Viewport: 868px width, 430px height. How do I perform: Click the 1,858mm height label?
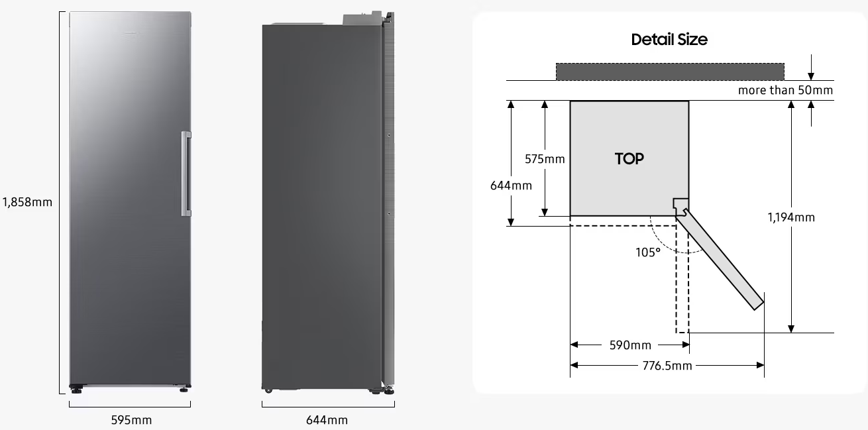coord(27,202)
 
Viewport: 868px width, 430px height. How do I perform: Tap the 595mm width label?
coord(131,420)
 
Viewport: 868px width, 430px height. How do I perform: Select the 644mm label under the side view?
coord(327,420)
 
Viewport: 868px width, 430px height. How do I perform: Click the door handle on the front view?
coord(186,174)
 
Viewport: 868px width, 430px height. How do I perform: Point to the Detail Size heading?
coord(669,40)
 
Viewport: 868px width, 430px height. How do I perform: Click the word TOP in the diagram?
coord(629,158)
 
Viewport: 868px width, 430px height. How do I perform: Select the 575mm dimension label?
coord(545,159)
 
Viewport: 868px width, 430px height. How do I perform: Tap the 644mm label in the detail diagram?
coord(511,186)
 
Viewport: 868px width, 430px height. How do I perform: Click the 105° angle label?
coord(648,252)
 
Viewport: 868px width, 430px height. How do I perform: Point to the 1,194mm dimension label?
coord(791,217)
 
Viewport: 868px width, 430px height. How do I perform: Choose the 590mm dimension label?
coord(630,345)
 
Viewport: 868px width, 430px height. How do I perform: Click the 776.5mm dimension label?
coord(667,366)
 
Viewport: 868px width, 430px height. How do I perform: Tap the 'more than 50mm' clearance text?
coord(785,90)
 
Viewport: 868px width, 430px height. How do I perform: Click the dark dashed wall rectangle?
coord(670,72)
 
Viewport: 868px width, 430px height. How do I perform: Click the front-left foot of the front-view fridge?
coord(76,390)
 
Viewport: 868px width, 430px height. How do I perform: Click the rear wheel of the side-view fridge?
coord(268,390)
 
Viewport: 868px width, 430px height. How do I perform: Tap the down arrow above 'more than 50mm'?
coord(810,68)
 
